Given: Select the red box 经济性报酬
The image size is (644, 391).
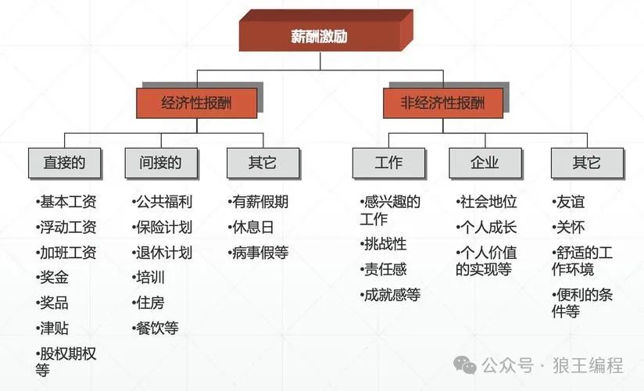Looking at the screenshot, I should (x=197, y=102).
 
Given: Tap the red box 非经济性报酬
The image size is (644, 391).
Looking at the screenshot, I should (x=442, y=102).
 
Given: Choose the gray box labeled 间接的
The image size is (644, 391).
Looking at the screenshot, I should (x=160, y=163).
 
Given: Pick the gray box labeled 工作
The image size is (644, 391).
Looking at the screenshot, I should (x=388, y=163).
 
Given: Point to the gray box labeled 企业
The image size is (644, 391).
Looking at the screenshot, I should (x=485, y=163).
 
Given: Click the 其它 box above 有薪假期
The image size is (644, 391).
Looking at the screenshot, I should (x=263, y=163).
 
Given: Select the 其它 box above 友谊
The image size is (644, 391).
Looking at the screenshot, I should (x=587, y=163).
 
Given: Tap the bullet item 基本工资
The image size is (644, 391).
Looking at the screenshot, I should (x=67, y=202).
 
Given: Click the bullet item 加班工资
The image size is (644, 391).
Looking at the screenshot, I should (x=67, y=253).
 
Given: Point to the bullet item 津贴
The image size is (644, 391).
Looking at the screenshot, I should (x=53, y=328).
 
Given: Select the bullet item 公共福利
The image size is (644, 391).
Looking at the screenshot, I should (x=163, y=202).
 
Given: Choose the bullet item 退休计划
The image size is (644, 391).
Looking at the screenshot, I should (x=163, y=253).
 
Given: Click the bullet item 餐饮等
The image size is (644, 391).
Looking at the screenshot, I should (x=156, y=328).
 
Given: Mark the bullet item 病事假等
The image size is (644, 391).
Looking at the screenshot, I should (x=259, y=253).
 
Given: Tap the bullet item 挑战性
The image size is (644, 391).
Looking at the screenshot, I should (x=385, y=244).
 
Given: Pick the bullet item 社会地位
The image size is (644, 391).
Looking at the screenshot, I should (x=487, y=202).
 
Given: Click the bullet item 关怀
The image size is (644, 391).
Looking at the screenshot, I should (x=569, y=228).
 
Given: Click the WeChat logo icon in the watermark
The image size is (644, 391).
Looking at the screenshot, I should (x=467, y=364).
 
